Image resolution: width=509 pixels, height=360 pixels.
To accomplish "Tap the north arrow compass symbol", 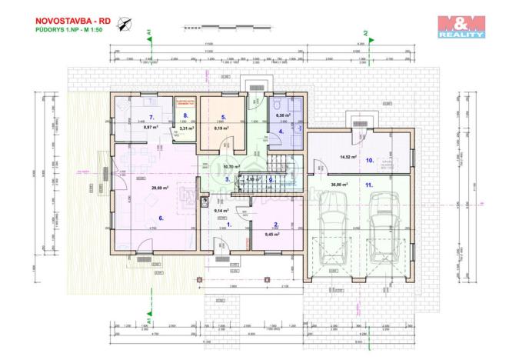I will click(125, 24).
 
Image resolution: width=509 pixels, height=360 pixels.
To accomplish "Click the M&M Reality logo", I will click(461, 28).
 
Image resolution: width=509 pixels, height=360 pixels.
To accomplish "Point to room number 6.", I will click(161, 218).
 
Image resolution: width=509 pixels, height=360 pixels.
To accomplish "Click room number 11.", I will click(369, 185).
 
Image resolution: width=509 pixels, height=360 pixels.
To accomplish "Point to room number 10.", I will click(369, 161).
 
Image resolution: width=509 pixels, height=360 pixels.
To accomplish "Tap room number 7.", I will click(152, 117).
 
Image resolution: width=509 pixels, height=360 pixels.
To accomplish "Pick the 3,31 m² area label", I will click(185, 128).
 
